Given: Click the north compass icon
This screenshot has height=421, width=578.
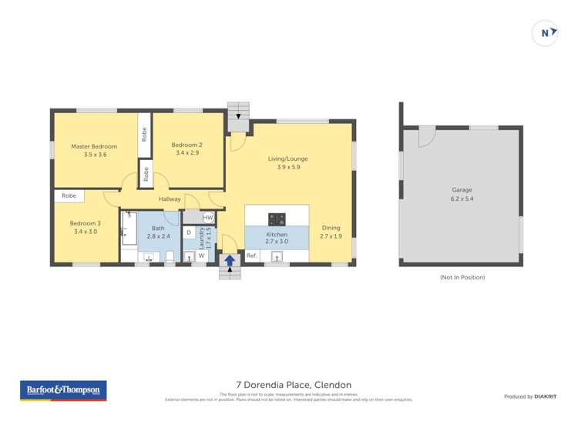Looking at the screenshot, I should pyautogui.click(x=546, y=33).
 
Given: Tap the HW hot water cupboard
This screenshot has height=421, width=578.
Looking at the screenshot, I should pyautogui.click(x=208, y=218).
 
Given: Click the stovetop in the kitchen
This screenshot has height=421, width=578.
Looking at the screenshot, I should pyautogui.click(x=277, y=219).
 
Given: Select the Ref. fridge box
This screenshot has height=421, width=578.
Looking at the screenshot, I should pyautogui.click(x=252, y=256).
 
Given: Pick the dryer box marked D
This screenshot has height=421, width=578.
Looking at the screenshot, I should pyautogui.click(x=189, y=232).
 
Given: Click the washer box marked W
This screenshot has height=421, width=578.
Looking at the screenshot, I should pyautogui.click(x=201, y=256).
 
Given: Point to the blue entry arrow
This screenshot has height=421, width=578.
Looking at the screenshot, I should pyautogui.click(x=230, y=260).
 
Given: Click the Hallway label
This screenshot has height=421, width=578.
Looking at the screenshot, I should pyautogui.click(x=170, y=199).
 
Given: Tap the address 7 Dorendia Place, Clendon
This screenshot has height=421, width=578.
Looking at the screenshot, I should pyautogui.click(x=294, y=385).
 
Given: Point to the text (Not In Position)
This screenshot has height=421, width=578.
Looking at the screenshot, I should pyautogui.click(x=462, y=277).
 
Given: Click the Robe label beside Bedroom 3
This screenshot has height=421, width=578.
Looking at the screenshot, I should pyautogui.click(x=69, y=196).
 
